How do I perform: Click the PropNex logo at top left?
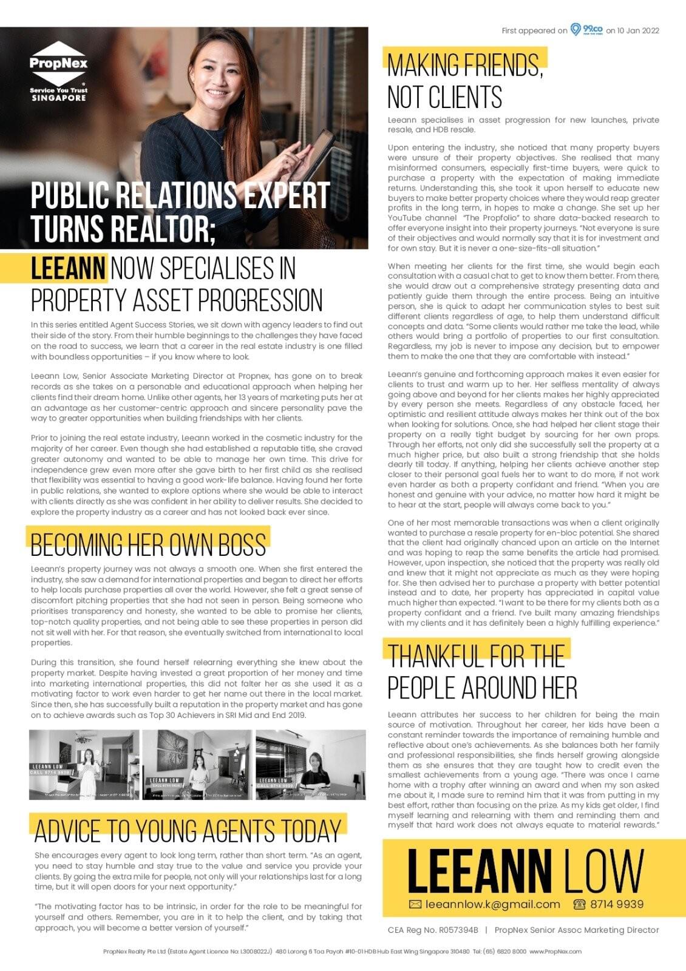click(58, 72)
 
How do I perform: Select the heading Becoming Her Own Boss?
click(148, 544)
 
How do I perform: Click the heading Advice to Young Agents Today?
click(188, 831)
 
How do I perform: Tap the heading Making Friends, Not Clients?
click(465, 81)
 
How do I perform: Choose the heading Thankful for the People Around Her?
click(482, 672)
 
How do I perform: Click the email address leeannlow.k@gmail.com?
click(492, 904)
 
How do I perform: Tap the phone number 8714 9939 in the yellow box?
click(616, 904)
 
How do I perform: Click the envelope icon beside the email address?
click(415, 904)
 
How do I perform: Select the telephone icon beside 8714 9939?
click(579, 904)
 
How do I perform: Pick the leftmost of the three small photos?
click(84, 765)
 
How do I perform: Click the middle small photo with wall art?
click(197, 765)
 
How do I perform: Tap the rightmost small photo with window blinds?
click(310, 765)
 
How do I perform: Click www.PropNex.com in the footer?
click(555, 952)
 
